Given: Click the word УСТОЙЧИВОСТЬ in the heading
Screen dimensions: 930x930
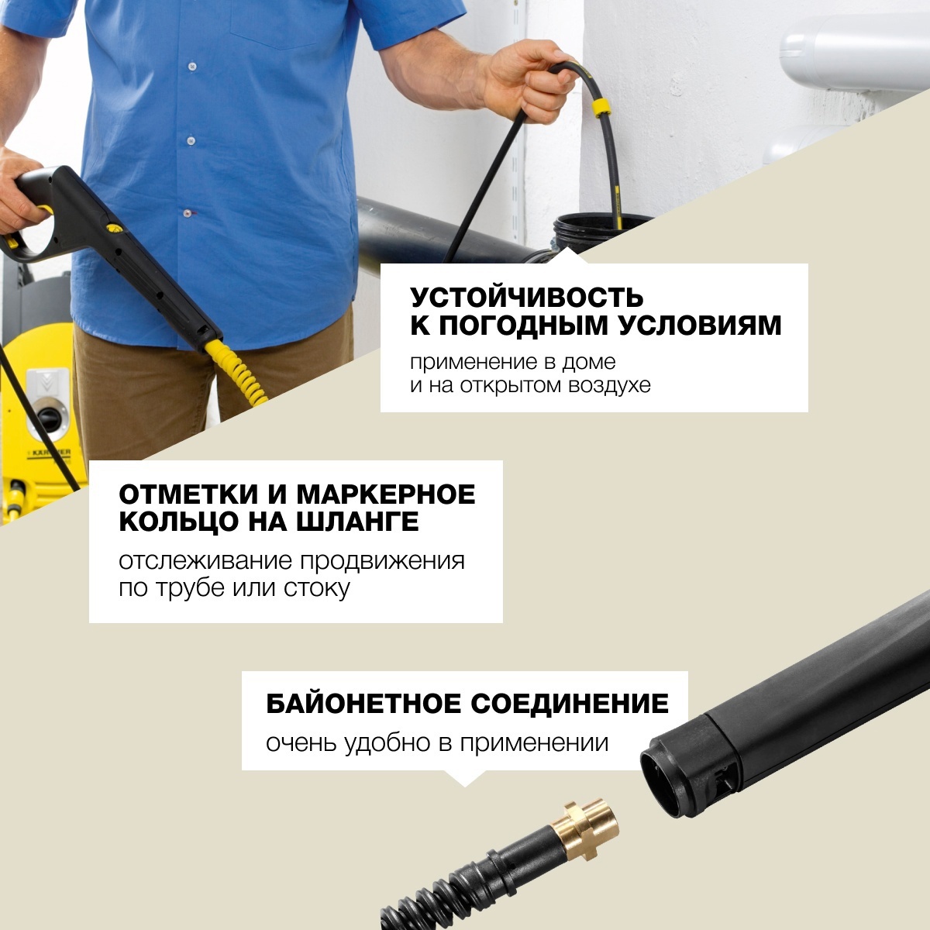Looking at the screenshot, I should point(527,297).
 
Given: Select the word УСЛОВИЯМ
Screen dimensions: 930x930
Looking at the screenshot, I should point(700,326).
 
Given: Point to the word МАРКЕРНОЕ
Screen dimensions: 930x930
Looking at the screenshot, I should point(386,494).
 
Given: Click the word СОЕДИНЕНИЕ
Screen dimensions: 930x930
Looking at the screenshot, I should point(570,704).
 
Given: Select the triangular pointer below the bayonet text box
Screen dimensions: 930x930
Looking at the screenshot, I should point(464,778).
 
